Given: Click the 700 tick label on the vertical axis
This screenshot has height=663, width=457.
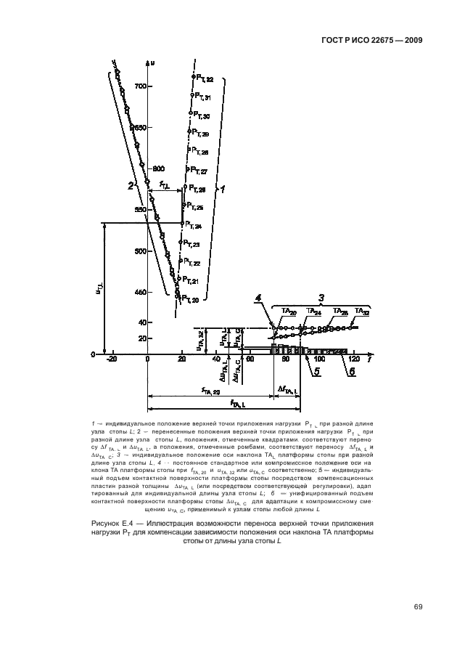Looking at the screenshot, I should point(141,86).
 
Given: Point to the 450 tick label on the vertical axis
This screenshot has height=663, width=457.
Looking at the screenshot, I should point(140,293).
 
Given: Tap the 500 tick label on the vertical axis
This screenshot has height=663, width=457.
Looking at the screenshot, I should point(140,252).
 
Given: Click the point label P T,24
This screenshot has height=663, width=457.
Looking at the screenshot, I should point(192,227).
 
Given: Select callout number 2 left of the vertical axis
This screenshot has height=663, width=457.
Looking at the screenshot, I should point(131,186).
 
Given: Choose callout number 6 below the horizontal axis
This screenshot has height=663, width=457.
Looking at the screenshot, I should point(353,373).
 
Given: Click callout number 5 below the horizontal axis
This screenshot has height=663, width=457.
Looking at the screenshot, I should point(316,373).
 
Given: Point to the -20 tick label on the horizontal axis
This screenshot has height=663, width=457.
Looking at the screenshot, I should point(111,359).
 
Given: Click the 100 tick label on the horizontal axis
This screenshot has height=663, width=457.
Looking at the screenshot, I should point(319,359).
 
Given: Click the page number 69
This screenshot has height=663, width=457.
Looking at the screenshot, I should point(418,606).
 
